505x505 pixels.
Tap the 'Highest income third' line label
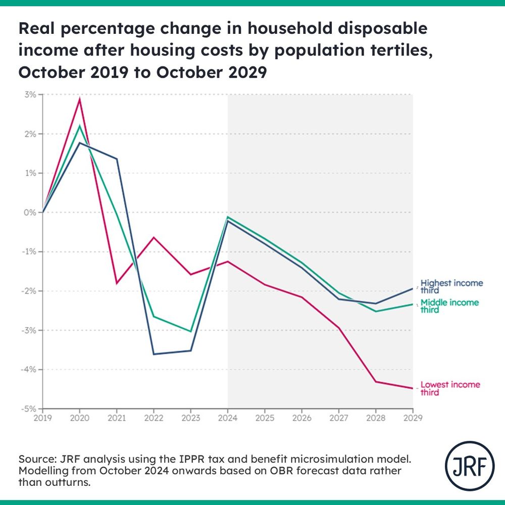[451, 287]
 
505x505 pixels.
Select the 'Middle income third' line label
[450, 306]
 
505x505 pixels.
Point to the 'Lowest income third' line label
[450, 388]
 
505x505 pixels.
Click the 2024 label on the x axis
[228, 418]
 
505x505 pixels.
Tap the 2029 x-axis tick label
[413, 418]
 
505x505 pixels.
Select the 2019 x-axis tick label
[42, 418]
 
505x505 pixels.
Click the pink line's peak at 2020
[80, 98]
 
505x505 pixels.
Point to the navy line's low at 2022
[154, 354]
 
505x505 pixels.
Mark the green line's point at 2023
[191, 331]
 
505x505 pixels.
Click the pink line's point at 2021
[117, 283]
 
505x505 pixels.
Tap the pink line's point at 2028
[376, 381]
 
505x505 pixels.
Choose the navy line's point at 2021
[117, 159]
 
